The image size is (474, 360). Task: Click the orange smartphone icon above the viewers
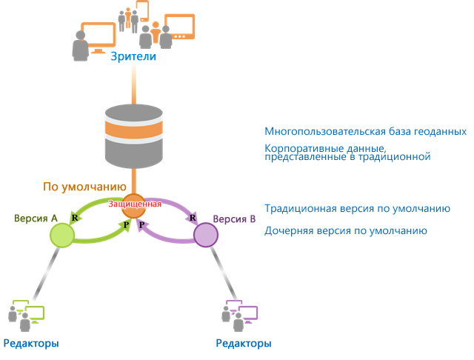141,10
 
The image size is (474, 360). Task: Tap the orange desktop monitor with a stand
98,36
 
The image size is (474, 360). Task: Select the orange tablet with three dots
179,27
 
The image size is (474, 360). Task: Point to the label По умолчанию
86,187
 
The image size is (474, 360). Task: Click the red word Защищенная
134,204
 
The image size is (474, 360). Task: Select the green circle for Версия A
62,235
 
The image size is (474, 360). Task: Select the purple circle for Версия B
205,234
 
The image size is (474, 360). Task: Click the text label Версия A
36,219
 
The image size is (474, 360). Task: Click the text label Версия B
234,219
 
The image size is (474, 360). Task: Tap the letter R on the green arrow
75,218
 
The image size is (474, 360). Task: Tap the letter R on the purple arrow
193,218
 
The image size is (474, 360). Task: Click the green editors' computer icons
28,315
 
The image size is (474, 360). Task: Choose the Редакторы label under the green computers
31,344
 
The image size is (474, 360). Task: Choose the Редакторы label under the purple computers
243,344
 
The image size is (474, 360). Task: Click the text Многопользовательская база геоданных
365,131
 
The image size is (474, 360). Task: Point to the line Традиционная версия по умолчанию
357,209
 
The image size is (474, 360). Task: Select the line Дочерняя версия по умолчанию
345,231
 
